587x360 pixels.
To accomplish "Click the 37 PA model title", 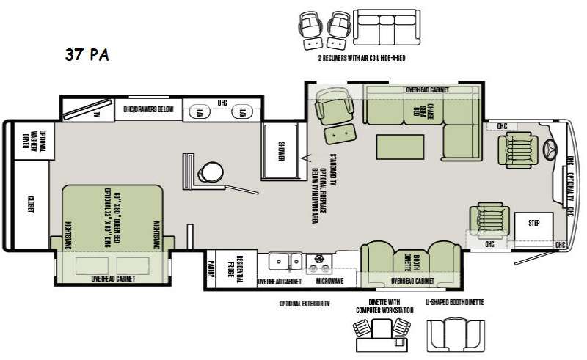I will click(86, 55).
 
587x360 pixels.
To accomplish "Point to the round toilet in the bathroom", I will click(211, 171).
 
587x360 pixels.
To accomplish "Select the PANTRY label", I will click(211, 265).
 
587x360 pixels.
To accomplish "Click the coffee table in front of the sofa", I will click(401, 145).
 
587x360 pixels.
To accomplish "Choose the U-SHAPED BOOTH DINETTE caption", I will click(455, 302).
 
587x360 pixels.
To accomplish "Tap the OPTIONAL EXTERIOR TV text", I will click(305, 302).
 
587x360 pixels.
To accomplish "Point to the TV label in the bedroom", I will click(95, 114).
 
